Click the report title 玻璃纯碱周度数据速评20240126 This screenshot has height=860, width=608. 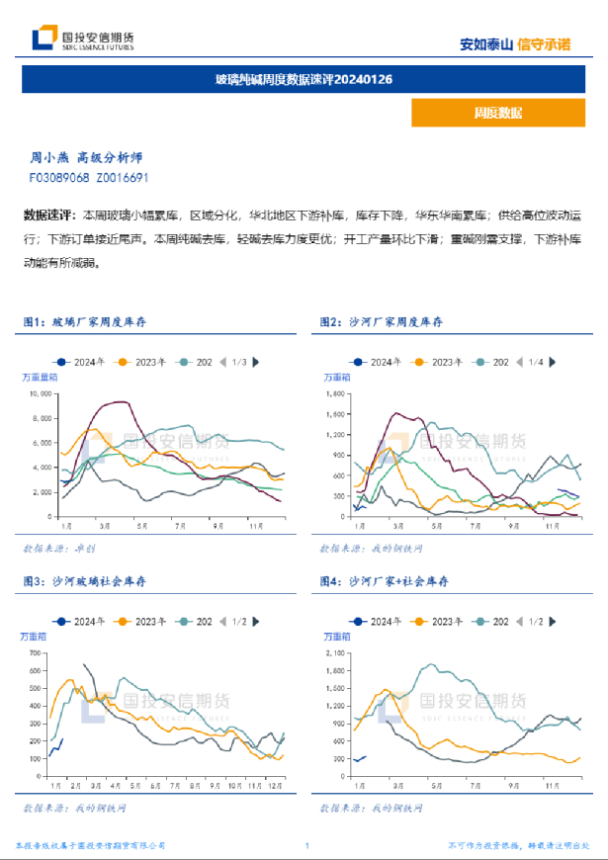304,79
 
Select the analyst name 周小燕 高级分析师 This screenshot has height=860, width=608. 86,157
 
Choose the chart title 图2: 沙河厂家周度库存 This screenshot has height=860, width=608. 381,322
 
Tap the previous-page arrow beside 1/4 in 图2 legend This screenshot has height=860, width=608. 519,363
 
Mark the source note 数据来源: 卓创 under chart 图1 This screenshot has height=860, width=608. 58,547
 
